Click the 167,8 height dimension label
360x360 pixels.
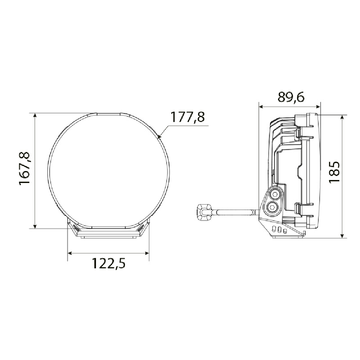coord(24,168)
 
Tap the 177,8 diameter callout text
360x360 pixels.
coord(187,117)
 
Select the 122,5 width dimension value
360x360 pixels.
coord(109,263)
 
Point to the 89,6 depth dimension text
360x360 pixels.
coord(291,97)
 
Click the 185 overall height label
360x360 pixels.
coord(334,172)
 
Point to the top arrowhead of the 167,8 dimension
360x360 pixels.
coord(35,115)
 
